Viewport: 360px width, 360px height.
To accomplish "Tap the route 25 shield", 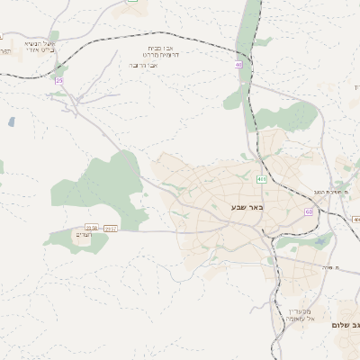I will [60, 80].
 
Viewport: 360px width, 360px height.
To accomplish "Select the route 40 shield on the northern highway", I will [239, 65].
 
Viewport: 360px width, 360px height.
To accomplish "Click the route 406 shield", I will [261, 179].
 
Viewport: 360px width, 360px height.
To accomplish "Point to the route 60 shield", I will [309, 211].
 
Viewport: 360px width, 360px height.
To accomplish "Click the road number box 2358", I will [91, 228].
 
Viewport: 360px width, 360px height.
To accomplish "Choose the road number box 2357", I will [110, 228].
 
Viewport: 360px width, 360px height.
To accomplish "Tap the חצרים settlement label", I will [85, 236].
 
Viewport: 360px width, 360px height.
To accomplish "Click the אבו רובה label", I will [144, 65].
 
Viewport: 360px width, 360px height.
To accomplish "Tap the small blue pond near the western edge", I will [11, 121].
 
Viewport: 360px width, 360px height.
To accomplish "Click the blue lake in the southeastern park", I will [322, 240].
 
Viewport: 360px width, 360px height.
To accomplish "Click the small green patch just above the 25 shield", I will [59, 70].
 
